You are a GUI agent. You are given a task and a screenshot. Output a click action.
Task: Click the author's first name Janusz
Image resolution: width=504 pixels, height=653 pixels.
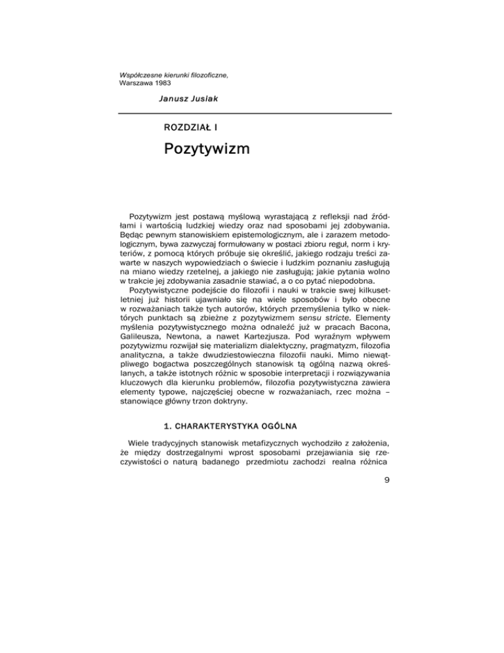pyautogui.click(x=172, y=98)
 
